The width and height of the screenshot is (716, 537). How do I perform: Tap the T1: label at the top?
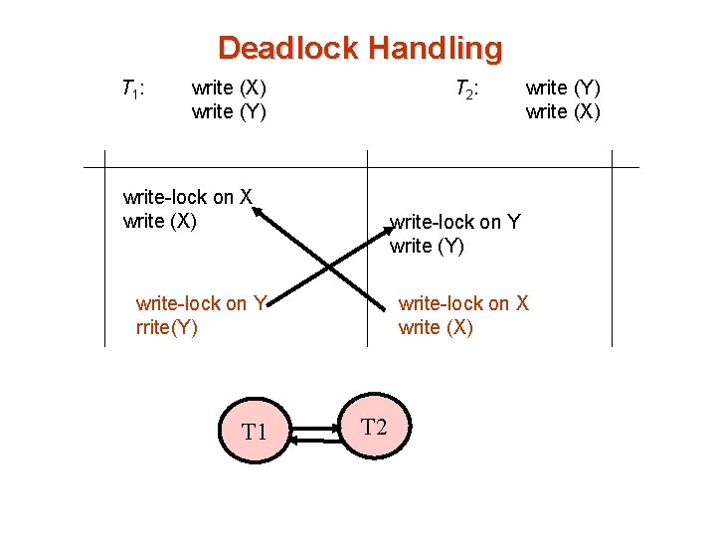(133, 89)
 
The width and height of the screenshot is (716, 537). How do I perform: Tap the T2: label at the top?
(467, 89)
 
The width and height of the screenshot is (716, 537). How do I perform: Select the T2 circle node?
(373, 429)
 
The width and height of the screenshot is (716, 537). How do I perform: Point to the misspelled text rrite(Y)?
(166, 327)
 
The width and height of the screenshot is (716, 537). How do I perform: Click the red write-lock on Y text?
(200, 303)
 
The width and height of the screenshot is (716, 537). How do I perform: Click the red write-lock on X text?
(463, 303)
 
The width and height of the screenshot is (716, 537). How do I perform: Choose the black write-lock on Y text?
(455, 222)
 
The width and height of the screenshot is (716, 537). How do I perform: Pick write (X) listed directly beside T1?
(228, 88)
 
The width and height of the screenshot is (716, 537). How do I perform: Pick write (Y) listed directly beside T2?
(563, 88)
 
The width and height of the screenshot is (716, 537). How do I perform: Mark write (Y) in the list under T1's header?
(228, 111)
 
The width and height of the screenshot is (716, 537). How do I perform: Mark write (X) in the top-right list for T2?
(563, 111)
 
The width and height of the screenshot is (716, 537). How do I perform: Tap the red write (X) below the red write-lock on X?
(436, 327)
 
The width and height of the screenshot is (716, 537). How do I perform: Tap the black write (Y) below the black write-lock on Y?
(427, 246)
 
